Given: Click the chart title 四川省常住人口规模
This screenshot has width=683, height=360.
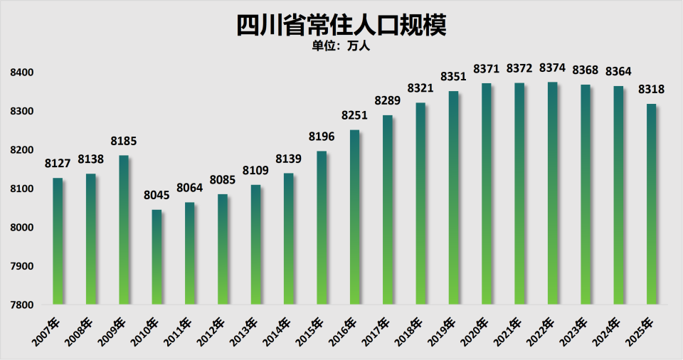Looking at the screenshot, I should click(341, 24).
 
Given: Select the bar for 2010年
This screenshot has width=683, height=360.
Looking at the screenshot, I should click(157, 257).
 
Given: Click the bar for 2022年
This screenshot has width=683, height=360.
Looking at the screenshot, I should click(553, 194).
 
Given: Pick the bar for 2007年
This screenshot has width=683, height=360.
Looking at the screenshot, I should click(58, 241).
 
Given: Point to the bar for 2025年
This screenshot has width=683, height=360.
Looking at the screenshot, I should click(652, 204).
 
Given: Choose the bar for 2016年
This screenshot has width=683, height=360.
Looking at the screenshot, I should click(354, 217).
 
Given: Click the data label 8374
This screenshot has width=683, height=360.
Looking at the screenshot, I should click(553, 68).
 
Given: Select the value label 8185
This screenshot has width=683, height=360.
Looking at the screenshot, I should click(124, 142).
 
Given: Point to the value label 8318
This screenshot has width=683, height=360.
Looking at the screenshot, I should click(652, 90).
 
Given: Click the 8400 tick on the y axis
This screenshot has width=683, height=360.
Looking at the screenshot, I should click(22, 73).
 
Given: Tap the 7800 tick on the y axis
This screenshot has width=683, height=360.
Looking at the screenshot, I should click(22, 305).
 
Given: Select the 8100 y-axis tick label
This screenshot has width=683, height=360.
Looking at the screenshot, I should click(22, 189).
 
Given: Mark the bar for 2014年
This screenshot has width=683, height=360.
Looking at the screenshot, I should click(288, 238).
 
